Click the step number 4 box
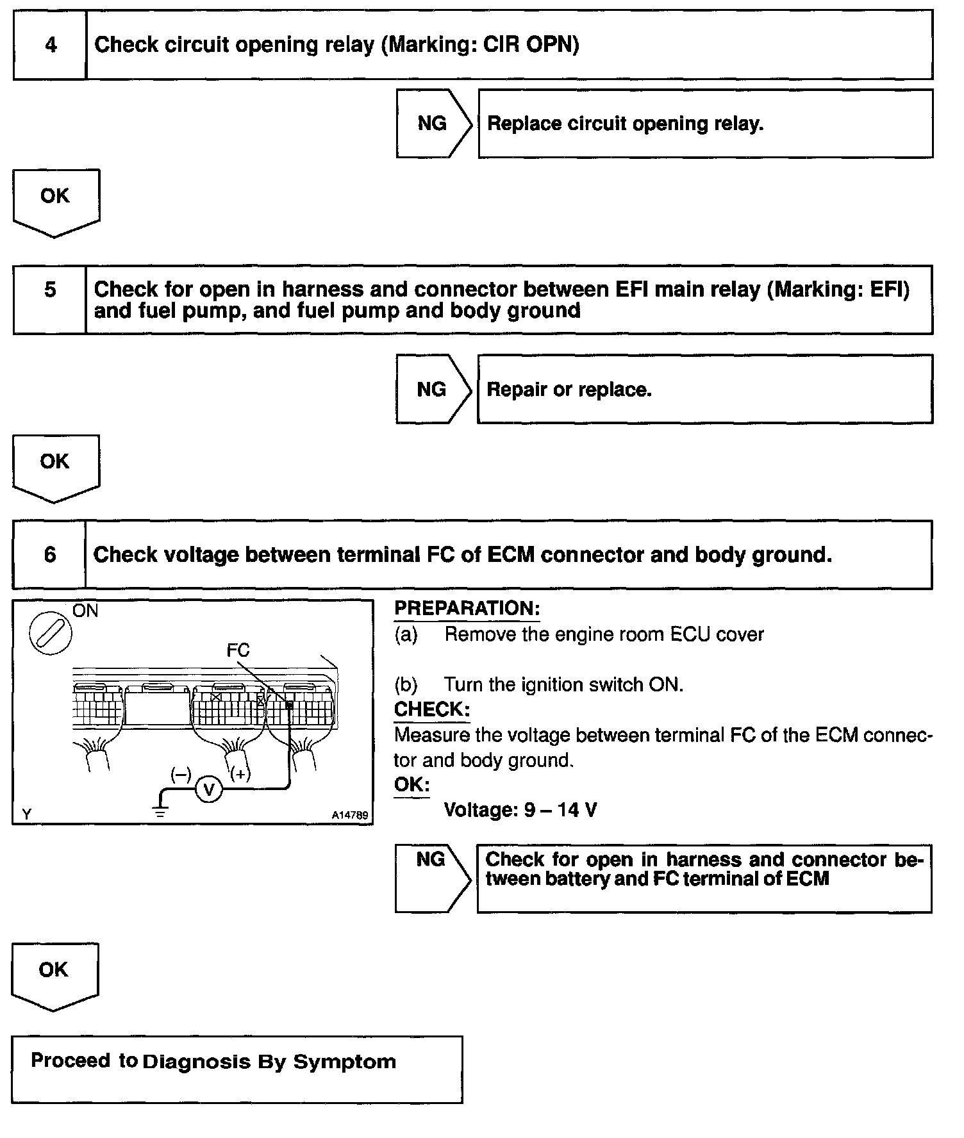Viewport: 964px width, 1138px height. click(x=50, y=45)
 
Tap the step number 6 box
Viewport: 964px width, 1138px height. click(x=50, y=555)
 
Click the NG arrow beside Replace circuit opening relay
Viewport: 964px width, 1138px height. click(x=433, y=124)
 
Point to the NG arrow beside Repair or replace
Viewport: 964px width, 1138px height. click(x=433, y=389)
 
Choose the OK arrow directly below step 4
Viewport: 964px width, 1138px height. click(x=56, y=201)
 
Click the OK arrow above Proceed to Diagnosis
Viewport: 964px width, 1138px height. click(x=54, y=974)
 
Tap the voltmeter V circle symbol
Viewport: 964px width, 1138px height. click(x=208, y=789)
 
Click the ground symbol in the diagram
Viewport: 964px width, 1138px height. click(x=159, y=812)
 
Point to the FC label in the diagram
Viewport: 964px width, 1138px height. click(x=238, y=650)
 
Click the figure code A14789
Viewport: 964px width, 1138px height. click(x=350, y=816)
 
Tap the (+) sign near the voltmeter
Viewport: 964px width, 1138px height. click(x=240, y=774)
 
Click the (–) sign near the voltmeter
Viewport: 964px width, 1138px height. click(x=181, y=774)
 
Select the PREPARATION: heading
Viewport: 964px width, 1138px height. click(x=467, y=609)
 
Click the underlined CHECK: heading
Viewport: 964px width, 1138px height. click(x=431, y=709)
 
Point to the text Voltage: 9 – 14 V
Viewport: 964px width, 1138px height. click(x=520, y=810)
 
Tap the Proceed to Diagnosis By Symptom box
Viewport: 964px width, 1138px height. click(x=237, y=1069)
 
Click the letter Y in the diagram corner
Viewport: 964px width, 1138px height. click(x=27, y=814)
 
